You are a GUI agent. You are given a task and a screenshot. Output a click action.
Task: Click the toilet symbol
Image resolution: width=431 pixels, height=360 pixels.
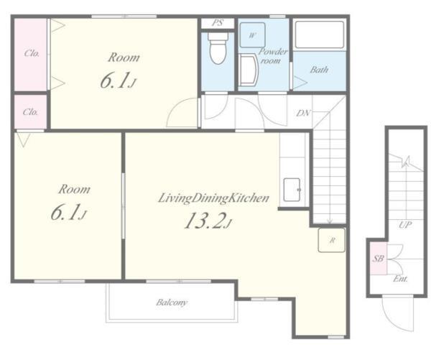pyautogui.click(x=218, y=48)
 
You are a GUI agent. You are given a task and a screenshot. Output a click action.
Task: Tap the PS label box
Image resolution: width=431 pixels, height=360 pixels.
pyautogui.click(x=218, y=23)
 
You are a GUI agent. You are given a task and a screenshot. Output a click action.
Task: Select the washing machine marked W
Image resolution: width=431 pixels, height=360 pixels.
pyautogui.click(x=252, y=35)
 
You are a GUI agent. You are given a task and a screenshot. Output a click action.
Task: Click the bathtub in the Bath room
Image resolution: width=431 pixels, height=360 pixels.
pyautogui.click(x=320, y=35)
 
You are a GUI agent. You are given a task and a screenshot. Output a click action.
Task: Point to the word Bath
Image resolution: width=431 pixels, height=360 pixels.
pyautogui.click(x=319, y=70)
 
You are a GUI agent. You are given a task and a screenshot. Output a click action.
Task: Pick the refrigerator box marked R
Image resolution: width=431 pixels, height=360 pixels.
pyautogui.click(x=331, y=240)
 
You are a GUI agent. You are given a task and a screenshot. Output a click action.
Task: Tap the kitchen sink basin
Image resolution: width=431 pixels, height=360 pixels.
pyautogui.click(x=292, y=190)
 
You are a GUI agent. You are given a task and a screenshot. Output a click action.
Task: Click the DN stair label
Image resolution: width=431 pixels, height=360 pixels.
pyautogui.click(x=303, y=113)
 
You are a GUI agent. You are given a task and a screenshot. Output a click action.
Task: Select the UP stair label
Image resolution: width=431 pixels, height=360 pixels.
pyautogui.click(x=405, y=225)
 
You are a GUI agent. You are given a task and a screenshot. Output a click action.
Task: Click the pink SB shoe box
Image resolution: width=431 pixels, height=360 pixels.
pyautogui.click(x=378, y=258)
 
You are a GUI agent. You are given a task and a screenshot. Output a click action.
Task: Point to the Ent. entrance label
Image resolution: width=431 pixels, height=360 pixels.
pyautogui.click(x=400, y=279)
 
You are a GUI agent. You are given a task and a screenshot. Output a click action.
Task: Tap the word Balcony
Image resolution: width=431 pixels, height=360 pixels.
pyautogui.click(x=172, y=303)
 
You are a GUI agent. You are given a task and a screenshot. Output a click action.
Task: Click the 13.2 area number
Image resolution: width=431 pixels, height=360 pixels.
pyautogui.click(x=205, y=221)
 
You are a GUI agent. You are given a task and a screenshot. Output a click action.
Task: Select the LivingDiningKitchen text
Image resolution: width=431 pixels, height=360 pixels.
pyautogui.click(x=213, y=198)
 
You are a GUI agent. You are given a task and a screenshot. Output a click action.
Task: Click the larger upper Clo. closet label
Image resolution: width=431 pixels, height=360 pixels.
pyautogui.click(x=32, y=53)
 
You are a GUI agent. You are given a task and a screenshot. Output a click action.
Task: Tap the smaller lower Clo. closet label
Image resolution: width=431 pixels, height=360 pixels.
pyautogui.click(x=30, y=112)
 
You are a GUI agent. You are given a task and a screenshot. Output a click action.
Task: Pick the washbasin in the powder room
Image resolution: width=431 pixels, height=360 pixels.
pyautogui.click(x=248, y=69)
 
